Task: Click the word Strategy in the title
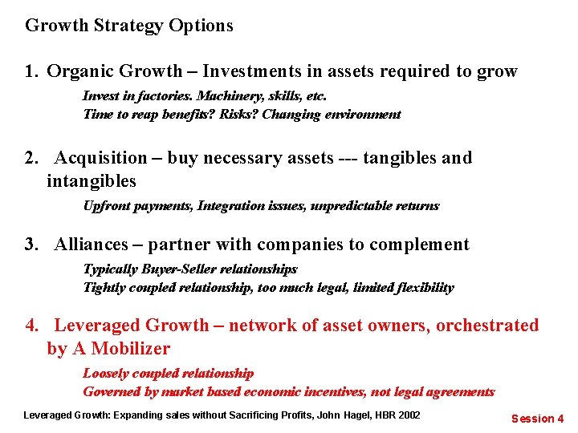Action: coord(128,26)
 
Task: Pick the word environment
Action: coord(359,114)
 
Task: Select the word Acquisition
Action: coord(101,158)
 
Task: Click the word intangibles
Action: coord(92,181)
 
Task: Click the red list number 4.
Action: coord(31,326)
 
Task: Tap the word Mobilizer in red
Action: coord(131,349)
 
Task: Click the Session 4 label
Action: coord(538,418)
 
